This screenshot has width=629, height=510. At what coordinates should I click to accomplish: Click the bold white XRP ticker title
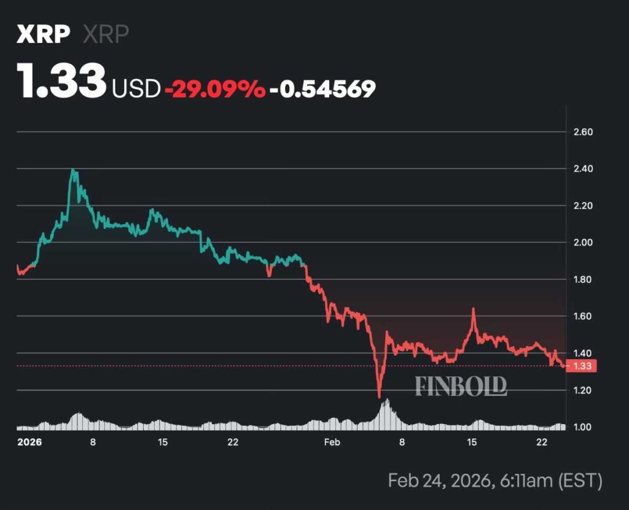[x=42, y=34]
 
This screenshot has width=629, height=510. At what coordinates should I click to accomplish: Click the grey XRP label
[x=106, y=34]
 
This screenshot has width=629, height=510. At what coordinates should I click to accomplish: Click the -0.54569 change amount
[x=323, y=89]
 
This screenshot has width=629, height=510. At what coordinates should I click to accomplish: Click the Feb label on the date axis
[x=332, y=442]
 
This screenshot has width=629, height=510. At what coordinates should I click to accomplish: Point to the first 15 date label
[x=163, y=442]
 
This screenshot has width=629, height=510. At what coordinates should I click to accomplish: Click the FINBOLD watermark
[x=461, y=386]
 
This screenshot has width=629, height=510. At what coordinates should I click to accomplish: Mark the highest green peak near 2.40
[x=73, y=170]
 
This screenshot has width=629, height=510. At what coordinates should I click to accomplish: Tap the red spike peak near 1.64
[x=474, y=309]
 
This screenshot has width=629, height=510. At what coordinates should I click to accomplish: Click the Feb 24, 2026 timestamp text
[x=495, y=481]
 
